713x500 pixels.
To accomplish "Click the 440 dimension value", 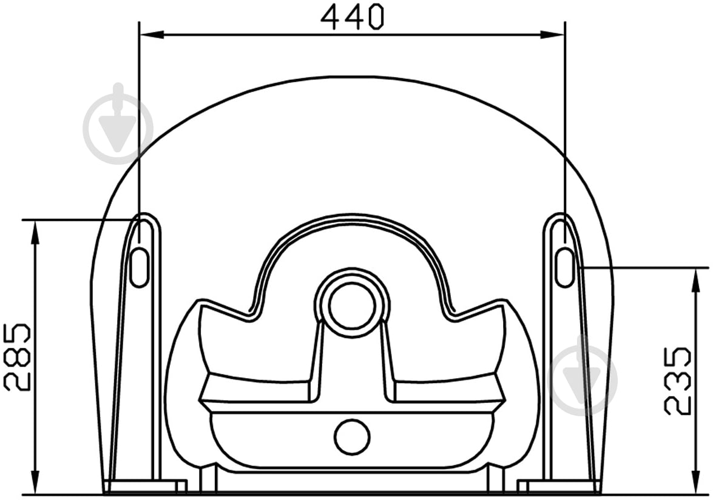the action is pyautogui.click(x=353, y=17).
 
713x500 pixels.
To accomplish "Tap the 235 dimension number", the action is pyautogui.click(x=677, y=381).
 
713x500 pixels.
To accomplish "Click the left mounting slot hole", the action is pyautogui.click(x=140, y=267).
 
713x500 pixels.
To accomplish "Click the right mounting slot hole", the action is pyautogui.click(x=565, y=267).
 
